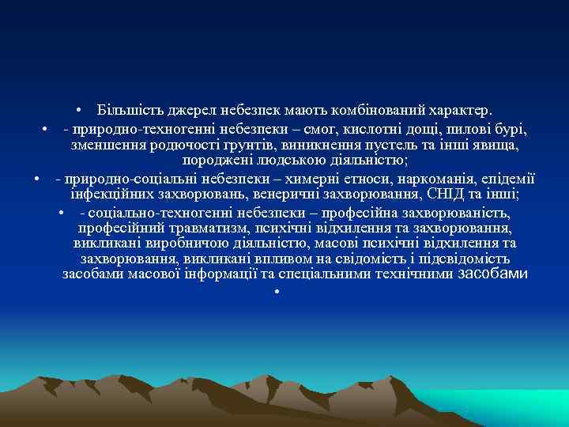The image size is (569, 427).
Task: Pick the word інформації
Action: click(227, 274)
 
